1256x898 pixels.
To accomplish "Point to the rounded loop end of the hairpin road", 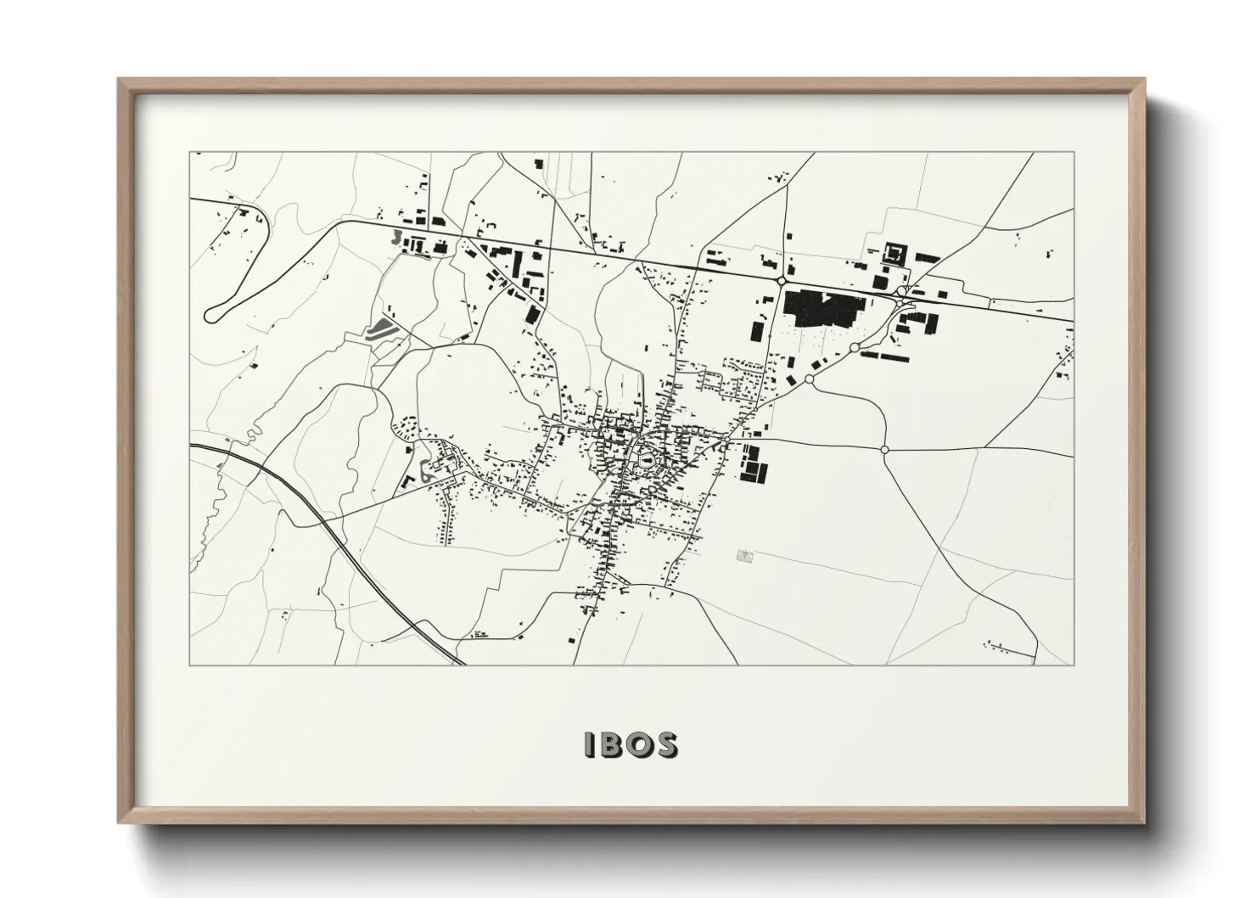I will coord(213,315).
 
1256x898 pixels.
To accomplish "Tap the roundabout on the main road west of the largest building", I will coord(781,281).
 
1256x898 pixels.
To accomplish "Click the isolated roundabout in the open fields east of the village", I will coord(885,449).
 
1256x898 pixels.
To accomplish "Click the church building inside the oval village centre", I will coord(647,461).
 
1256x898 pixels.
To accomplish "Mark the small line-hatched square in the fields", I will coord(745,556).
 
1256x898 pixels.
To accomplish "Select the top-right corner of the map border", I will coord(1073,153).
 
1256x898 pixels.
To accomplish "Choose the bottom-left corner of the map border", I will coord(190,665).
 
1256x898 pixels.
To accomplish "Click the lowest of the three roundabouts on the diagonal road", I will coord(810,379).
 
